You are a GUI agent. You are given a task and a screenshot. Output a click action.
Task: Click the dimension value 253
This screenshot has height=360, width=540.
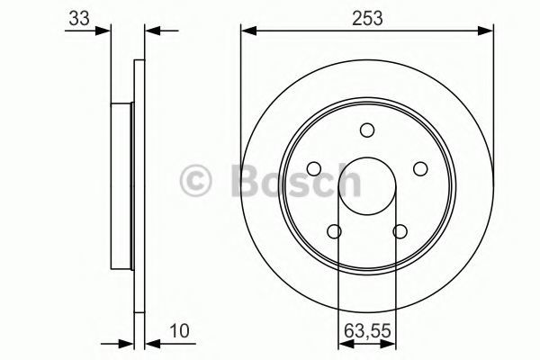367,18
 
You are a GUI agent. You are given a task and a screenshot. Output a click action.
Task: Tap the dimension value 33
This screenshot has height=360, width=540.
79,18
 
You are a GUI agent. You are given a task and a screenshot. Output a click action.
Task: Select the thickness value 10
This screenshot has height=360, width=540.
179,331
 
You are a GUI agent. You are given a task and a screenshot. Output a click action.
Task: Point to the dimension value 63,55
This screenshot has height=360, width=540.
367,331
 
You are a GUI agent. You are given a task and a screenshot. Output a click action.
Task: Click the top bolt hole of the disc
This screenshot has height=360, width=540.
367,130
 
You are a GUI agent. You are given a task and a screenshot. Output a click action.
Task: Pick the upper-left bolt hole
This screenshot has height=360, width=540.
314,169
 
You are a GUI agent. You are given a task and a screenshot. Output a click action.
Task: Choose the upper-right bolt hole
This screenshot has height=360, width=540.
420,169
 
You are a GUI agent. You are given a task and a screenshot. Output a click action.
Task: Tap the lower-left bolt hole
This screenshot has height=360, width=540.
334,231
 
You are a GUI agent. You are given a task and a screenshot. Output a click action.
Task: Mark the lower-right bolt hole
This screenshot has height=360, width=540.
400,231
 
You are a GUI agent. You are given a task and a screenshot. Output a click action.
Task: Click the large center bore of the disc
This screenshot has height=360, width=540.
367,186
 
